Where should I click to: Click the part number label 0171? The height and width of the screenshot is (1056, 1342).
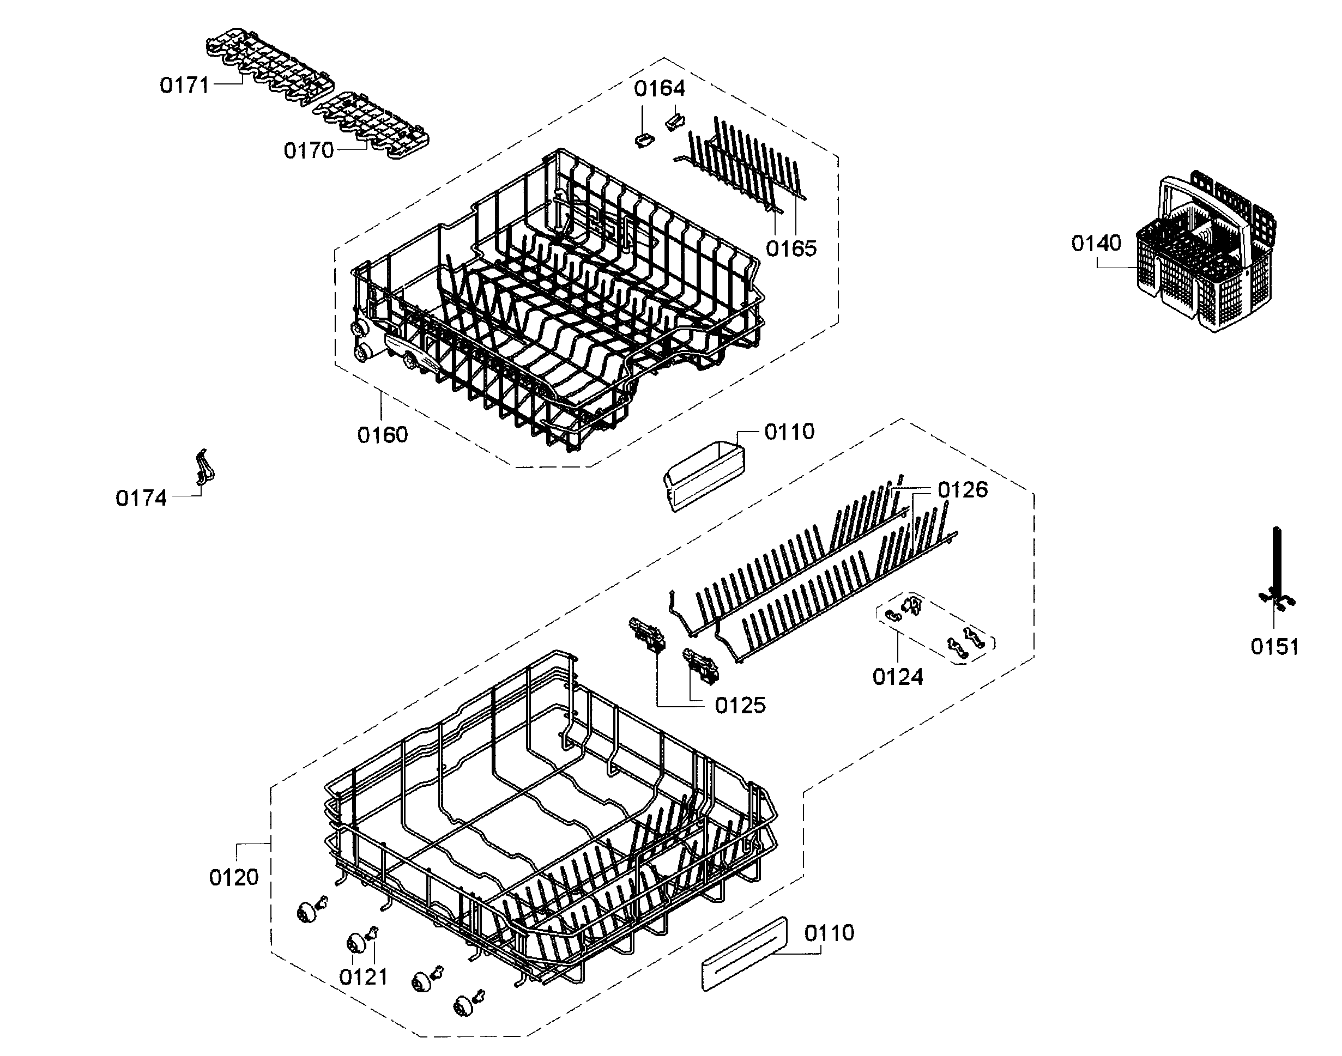point(184,86)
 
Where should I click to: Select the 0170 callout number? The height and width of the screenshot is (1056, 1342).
point(309,150)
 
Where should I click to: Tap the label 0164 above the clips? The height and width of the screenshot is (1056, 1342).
point(659,88)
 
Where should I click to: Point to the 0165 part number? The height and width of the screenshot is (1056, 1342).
point(791,248)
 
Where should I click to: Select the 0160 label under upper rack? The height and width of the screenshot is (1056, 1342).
point(383,435)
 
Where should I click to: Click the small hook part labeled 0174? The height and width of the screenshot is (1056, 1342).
point(204,467)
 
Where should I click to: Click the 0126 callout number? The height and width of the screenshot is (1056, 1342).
point(963,490)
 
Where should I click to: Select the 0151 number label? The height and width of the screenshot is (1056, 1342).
point(1274,647)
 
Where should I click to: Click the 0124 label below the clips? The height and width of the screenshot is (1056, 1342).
point(897,677)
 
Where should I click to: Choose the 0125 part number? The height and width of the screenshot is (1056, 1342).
point(740,706)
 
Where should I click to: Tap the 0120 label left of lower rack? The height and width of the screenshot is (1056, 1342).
point(234,877)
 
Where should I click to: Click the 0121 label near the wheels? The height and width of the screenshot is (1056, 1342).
point(364,978)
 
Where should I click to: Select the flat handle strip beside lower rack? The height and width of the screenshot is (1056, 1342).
point(745,954)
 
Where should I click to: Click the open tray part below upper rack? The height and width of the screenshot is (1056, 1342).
point(704,476)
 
